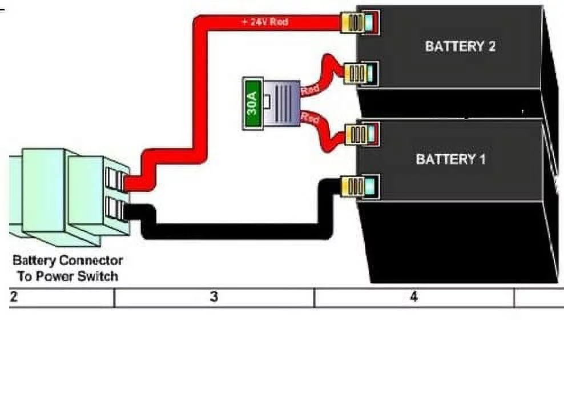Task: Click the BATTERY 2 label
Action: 460,46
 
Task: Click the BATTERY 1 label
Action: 450,159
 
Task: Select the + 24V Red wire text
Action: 264,22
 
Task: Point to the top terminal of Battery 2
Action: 358,22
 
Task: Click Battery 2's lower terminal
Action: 360,73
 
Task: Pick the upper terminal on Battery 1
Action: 360,135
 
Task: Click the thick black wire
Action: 228,231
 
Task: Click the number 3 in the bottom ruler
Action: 213,297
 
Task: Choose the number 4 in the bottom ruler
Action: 414,297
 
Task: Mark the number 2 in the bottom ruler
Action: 14,297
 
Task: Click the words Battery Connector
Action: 67,260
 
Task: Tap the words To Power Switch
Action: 67,276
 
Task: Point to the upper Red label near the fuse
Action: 311,90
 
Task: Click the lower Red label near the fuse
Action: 310,118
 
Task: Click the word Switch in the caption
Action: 99,276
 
